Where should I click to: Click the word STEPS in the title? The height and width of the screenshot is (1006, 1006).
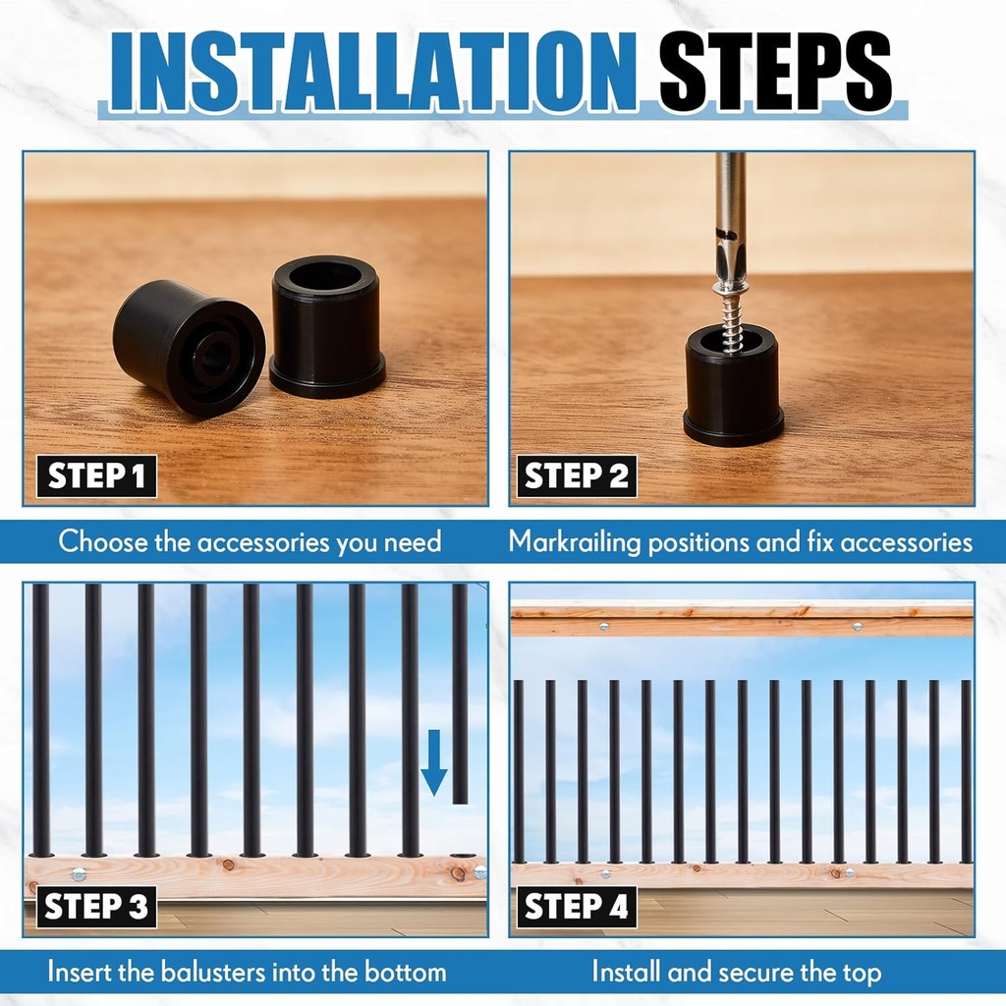point(775,72)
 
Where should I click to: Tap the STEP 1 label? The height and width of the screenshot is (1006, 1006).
point(96,476)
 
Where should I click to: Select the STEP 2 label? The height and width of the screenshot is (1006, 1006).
point(576,476)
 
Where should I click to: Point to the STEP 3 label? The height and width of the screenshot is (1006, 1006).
point(96,907)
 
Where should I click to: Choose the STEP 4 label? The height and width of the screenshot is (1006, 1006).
point(576,907)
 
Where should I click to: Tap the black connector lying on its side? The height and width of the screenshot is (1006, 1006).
point(189,347)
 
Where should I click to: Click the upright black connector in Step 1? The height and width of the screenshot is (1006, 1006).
point(326,326)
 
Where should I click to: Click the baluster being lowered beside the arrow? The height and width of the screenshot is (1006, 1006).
point(460,693)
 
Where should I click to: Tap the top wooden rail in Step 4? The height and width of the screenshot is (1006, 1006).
point(742,619)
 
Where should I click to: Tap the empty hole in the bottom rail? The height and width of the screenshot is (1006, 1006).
point(463,856)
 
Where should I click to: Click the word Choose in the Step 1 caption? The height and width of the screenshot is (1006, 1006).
point(94,541)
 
